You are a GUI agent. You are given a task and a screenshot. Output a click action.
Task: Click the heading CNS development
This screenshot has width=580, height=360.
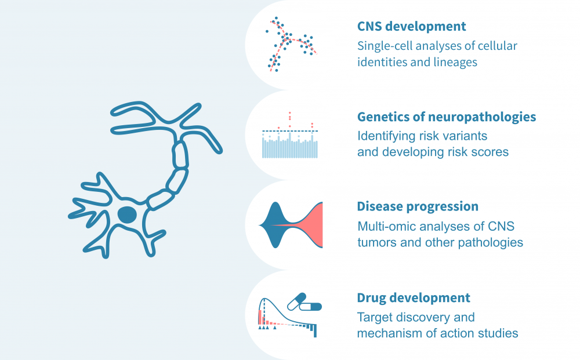click(411, 26)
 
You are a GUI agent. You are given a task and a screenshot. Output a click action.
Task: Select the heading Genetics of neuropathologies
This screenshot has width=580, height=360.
click(446, 117)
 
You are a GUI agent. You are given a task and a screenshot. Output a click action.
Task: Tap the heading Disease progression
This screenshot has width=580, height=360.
click(418, 206)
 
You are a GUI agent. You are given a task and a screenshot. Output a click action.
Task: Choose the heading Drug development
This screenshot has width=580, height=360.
click(414, 298)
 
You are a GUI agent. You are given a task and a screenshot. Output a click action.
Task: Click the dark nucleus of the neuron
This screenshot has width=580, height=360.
click(127, 215)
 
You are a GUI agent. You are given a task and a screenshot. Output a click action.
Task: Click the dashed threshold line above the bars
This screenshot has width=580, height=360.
click(290, 131)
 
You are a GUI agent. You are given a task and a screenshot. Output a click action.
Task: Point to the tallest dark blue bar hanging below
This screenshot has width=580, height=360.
click(316, 330)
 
